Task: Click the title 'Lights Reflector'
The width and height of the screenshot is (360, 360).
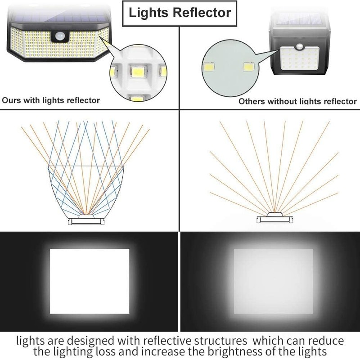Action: coord(180,12)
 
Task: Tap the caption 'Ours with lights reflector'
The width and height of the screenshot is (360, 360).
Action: coord(51,100)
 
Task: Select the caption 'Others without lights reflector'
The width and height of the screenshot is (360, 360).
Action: coord(297,101)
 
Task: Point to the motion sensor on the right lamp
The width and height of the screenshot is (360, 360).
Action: coord(300,48)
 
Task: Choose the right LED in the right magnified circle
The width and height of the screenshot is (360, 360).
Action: coord(247,67)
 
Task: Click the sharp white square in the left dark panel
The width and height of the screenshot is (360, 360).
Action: coord(89,281)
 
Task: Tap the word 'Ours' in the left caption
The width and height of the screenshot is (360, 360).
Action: coord(12,100)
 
